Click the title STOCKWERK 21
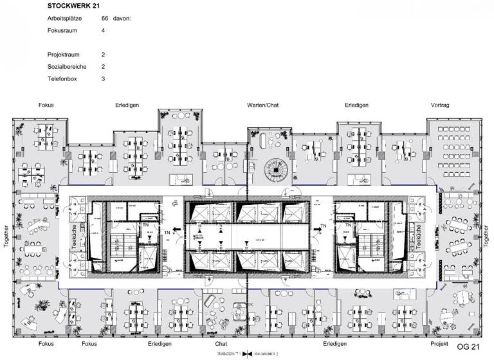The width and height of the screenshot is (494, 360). [x=73, y=6]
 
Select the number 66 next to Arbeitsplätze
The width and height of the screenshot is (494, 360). [x=104, y=19]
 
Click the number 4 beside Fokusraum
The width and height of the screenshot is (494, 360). [x=103, y=30]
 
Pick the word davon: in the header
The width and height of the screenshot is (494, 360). [x=122, y=19]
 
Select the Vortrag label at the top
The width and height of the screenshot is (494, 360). [x=439, y=105]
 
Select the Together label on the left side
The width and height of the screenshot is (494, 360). [x=6, y=239]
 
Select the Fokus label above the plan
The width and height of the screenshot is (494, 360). [x=46, y=105]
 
